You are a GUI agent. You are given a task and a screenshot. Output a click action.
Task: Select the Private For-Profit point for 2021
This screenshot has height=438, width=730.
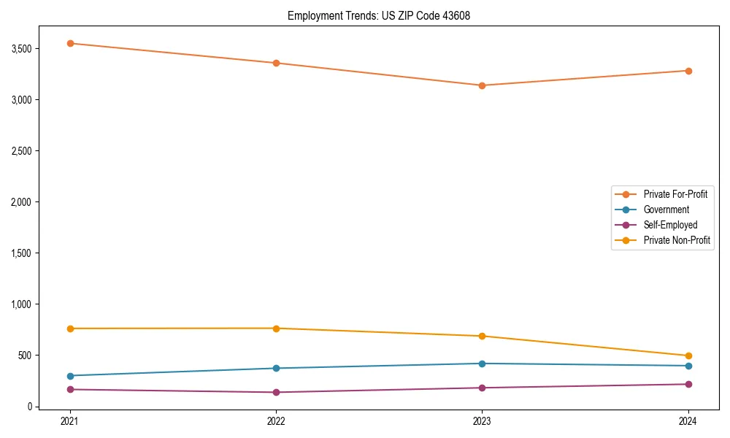[x=70, y=43]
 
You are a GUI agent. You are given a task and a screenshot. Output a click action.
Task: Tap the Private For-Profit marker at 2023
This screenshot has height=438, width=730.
[x=482, y=85]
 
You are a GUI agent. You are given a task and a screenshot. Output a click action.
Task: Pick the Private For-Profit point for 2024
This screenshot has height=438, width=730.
[x=688, y=71]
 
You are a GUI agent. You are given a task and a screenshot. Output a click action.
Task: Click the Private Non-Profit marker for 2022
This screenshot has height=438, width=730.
[x=276, y=328]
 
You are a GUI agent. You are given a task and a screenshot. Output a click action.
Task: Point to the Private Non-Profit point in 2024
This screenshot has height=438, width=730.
[x=688, y=356]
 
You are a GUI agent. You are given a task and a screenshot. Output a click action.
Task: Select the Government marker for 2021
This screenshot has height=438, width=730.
[x=70, y=376]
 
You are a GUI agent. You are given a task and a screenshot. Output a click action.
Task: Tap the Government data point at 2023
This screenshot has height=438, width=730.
[x=482, y=364]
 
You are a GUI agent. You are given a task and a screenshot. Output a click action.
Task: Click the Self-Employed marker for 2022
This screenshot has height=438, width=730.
[x=276, y=392]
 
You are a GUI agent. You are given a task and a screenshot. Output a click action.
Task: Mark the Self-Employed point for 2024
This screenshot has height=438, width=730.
[x=688, y=384]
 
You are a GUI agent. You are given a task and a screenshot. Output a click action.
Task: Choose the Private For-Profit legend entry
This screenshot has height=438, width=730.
[x=675, y=194]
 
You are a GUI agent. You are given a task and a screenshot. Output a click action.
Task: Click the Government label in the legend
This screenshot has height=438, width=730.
[x=666, y=210]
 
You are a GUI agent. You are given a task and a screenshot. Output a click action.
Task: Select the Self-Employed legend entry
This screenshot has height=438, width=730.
[x=670, y=225]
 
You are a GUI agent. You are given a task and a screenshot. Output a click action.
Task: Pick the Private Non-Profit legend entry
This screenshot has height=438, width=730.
[x=677, y=240]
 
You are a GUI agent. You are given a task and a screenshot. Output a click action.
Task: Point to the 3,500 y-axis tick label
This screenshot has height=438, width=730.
[x=20, y=49]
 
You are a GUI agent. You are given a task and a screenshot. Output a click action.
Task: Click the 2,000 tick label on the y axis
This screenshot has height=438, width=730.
[x=20, y=202]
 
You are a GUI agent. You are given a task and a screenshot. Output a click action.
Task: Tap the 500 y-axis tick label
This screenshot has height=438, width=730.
[x=23, y=356]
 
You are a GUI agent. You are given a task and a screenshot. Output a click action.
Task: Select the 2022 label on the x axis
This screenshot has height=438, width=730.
[x=276, y=420]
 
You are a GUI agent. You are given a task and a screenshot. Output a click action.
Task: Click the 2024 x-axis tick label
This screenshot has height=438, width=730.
[x=688, y=420]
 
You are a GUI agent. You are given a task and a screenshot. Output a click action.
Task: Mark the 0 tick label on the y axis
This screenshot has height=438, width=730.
[x=29, y=407]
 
